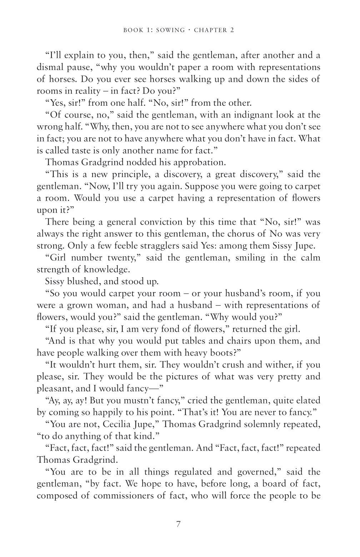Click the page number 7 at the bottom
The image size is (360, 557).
pos(179,524)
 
